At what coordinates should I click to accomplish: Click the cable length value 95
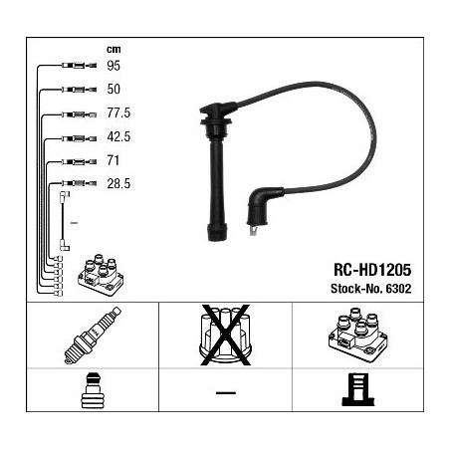tap(113, 66)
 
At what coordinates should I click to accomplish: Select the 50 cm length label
tap(113, 89)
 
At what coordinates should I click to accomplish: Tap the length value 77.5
tap(118, 112)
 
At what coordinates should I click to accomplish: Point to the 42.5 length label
tap(118, 136)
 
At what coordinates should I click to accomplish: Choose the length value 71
tap(112, 160)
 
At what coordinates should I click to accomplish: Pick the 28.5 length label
tap(118, 183)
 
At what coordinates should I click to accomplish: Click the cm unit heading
tap(113, 50)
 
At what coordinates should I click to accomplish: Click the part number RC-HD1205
tap(372, 270)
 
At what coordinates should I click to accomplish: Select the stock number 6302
tap(398, 289)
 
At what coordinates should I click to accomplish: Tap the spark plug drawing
tap(93, 336)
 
